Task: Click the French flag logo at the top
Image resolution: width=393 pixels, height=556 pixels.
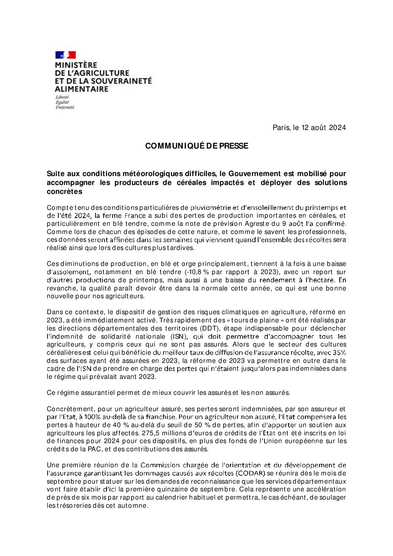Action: pos(65,55)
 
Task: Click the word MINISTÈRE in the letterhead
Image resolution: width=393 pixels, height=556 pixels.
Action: pos(76,65)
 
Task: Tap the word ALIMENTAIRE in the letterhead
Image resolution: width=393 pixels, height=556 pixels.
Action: pos(81,89)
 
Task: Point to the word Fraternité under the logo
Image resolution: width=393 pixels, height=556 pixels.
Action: pos(65,107)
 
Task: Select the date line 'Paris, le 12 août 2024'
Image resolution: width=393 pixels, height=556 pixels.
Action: pos(309,128)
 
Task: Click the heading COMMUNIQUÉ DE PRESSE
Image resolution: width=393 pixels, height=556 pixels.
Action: pos(196,146)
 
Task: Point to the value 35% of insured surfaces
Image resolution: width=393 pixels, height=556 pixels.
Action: pos(339,352)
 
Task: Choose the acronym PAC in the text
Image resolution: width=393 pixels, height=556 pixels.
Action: pos(94,449)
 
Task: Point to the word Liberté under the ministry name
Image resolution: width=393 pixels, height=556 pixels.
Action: pos(62,97)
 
